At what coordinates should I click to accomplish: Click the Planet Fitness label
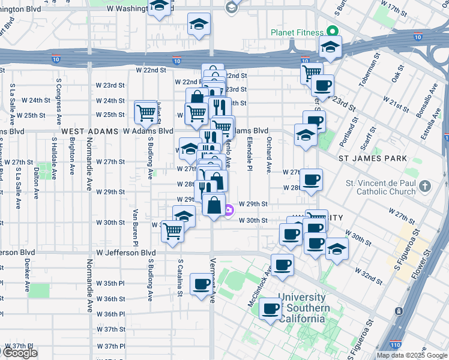click(297, 32)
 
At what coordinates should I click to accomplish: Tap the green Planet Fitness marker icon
click(331, 32)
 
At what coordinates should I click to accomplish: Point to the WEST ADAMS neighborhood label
click(90, 131)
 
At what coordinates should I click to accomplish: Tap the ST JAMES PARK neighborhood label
click(373, 158)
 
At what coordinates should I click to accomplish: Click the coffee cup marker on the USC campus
click(271, 308)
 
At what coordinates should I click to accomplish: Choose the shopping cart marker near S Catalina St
click(173, 230)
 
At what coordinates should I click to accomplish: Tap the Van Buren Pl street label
click(136, 226)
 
